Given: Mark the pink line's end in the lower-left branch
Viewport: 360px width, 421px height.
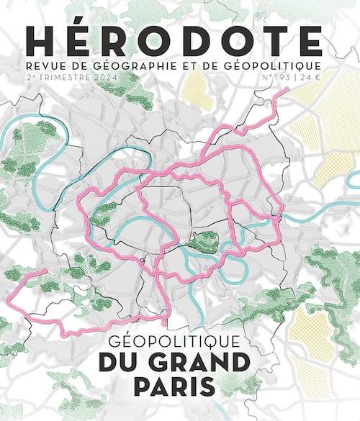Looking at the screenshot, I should [x=45, y=271].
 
